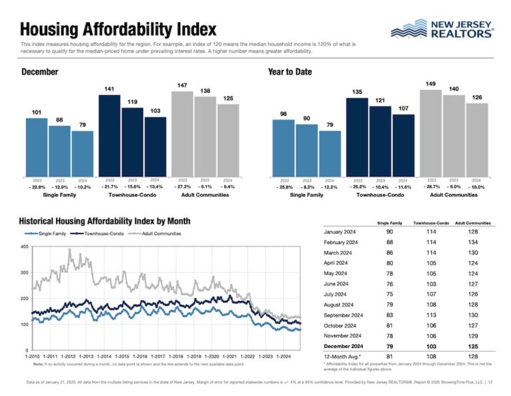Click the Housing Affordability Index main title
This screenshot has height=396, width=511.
point(118,29)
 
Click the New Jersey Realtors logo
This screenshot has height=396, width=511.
point(441,29)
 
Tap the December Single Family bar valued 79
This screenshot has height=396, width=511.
point(83,154)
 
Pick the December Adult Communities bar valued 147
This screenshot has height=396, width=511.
point(182,134)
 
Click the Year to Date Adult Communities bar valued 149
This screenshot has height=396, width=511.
point(430,133)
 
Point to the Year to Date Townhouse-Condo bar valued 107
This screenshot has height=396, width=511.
point(403,146)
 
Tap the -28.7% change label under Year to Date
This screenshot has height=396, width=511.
point(431,188)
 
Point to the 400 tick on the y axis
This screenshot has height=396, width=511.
point(24,247)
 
